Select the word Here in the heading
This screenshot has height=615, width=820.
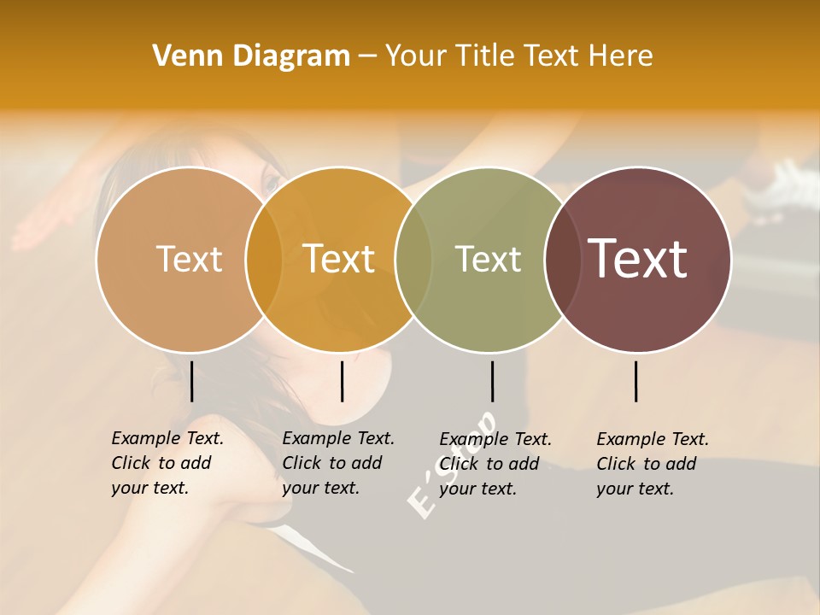click(x=622, y=56)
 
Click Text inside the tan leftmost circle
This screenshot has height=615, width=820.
click(x=189, y=259)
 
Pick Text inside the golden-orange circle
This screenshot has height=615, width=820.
click(x=339, y=259)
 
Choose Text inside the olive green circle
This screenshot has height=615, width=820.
click(x=489, y=259)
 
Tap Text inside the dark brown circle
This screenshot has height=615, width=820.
click(x=638, y=259)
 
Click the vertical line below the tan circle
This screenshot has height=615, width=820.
click(x=192, y=381)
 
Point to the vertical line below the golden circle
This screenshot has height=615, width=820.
click(x=342, y=381)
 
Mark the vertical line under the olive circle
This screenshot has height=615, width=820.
click(x=492, y=381)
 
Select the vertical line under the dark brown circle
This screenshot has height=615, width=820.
click(x=636, y=381)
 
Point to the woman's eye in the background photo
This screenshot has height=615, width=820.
click(x=272, y=182)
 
